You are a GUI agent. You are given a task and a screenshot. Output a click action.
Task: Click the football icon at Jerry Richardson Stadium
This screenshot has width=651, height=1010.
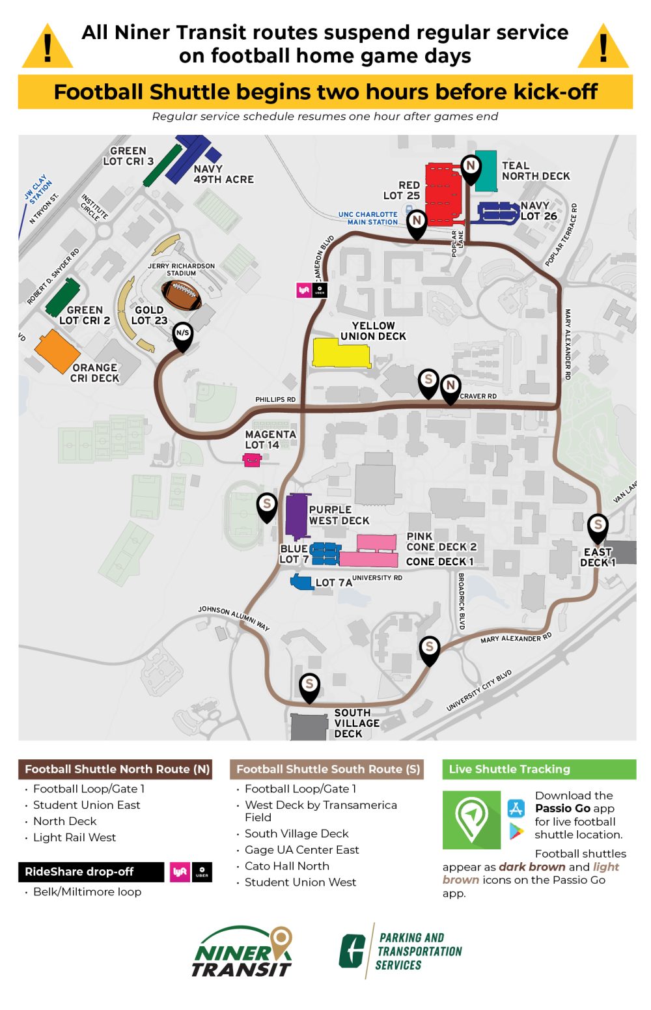[181, 295]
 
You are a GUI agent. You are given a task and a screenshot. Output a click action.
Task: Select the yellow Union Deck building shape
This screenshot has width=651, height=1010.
[341, 352]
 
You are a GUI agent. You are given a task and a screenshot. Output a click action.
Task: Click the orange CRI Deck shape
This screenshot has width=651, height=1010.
[57, 351]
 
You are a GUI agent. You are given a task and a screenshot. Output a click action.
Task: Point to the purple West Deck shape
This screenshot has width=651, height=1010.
[297, 516]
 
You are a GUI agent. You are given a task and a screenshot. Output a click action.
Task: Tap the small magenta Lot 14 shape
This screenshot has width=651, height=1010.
[251, 460]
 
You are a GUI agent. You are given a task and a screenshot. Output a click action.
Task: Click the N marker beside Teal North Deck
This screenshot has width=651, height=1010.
[471, 167]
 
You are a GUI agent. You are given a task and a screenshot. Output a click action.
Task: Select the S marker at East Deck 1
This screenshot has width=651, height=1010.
[598, 526]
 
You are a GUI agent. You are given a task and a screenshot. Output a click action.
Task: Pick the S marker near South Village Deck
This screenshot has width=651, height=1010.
[309, 686]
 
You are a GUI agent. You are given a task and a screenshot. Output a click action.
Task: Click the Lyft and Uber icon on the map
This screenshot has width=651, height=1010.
[312, 290]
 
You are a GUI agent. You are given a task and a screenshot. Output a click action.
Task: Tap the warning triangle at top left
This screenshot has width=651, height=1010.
[48, 48]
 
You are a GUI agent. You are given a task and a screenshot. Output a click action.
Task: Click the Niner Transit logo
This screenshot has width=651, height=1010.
[242, 952]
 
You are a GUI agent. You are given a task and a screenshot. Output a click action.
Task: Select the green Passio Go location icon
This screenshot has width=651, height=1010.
[471, 819]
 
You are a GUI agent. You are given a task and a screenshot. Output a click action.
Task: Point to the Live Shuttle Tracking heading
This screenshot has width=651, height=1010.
[509, 769]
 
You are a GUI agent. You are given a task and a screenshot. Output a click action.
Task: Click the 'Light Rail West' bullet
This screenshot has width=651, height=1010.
[74, 837]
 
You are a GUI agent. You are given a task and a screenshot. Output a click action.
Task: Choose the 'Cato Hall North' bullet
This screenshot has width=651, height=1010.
[286, 866]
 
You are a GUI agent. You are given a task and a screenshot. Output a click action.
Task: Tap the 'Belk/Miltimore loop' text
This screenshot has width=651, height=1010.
[87, 891]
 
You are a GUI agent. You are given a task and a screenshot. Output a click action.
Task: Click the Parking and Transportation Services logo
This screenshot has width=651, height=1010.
[400, 951]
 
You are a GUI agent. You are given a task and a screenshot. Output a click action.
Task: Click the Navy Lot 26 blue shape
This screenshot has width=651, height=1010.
[499, 212]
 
